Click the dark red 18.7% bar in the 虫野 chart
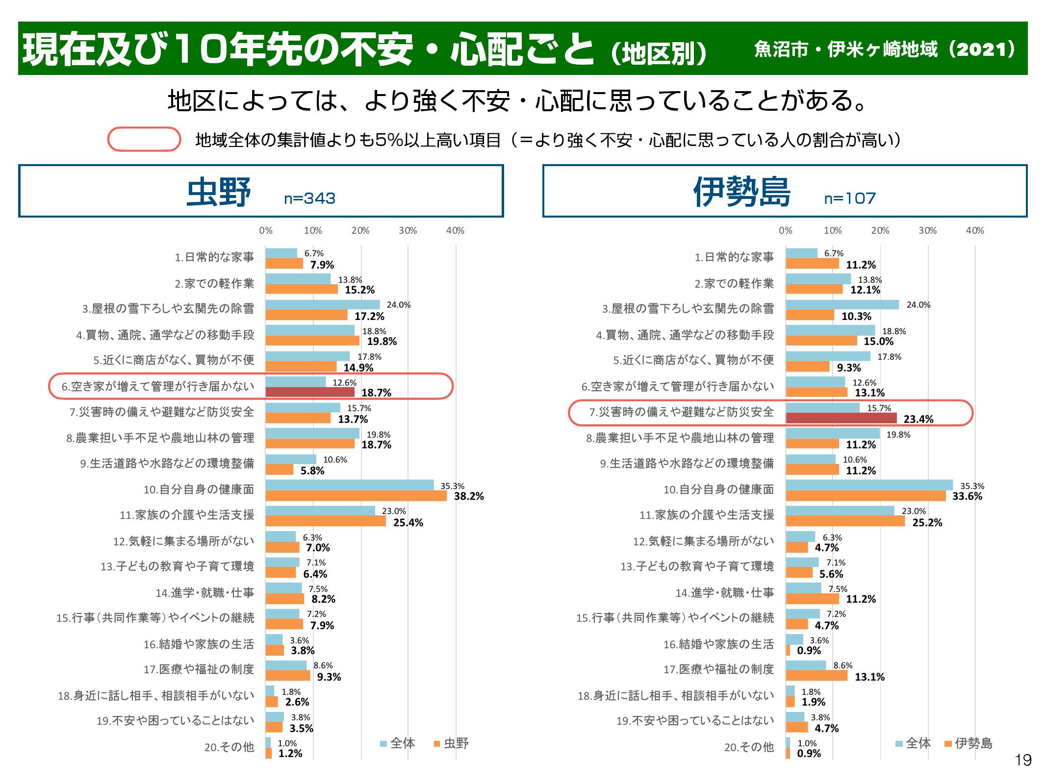pos(310,392)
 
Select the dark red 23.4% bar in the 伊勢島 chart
pos(841,418)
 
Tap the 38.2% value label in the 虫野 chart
pos(469,496)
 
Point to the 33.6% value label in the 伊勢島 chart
pos(968,496)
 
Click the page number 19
pos(1023,760)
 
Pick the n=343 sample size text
pos(309,198)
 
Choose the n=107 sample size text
pos(850,198)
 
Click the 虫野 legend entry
pos(452,743)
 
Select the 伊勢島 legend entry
pos(969,743)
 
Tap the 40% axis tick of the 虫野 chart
pos(455,231)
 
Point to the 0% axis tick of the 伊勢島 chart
pos(786,231)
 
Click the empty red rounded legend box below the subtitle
pos(144,139)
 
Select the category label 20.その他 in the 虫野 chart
pos(229,747)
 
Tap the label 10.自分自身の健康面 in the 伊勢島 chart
pos(718,490)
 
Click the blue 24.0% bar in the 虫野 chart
pos(323,304)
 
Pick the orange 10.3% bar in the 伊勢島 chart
pos(810,315)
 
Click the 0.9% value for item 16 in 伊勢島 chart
pos(809,651)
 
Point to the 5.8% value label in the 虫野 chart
pos(312,471)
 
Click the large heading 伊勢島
pos(742,192)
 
